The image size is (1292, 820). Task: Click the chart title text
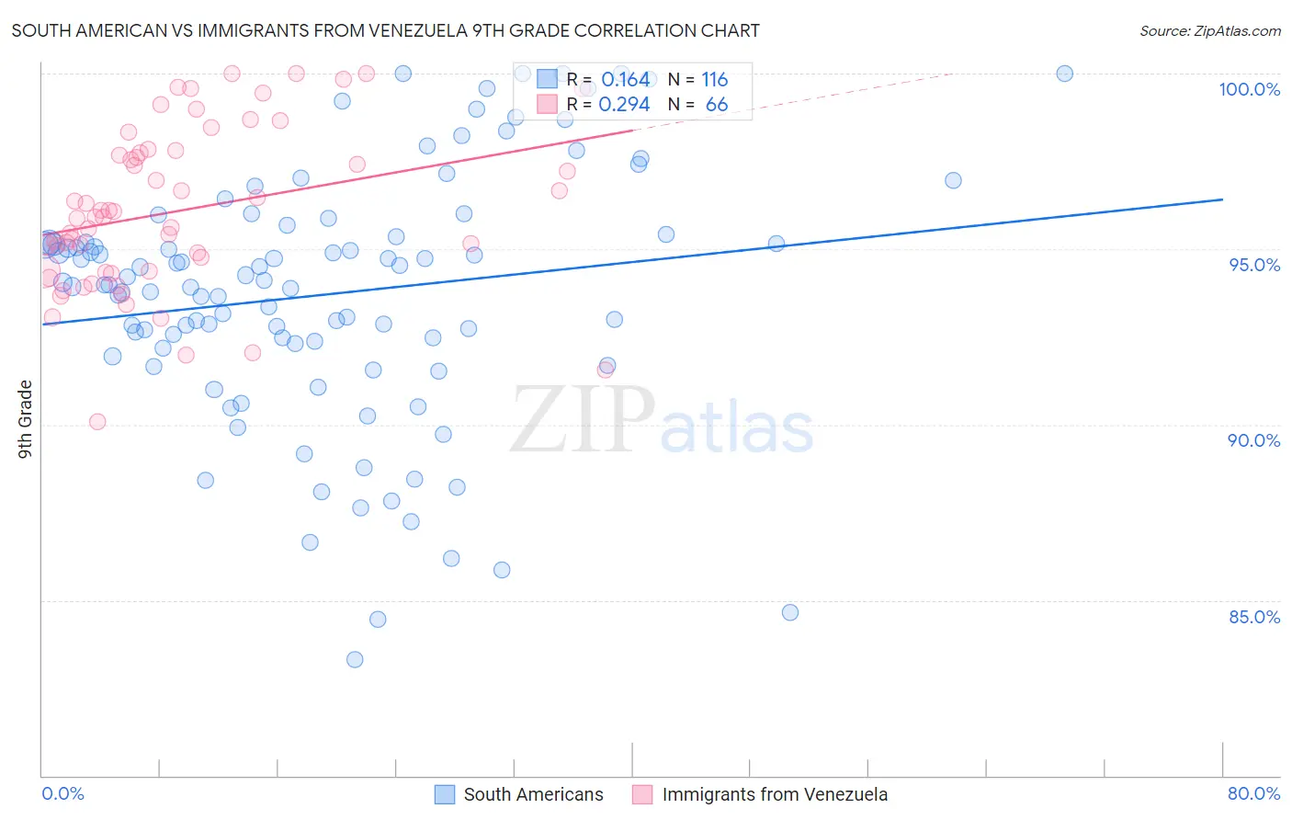tap(385, 30)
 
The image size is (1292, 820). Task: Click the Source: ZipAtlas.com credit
tap(1209, 30)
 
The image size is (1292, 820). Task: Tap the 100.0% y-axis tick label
tap(1249, 89)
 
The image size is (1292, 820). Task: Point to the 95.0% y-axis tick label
tap(1254, 265)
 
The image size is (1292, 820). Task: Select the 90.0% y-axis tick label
tap(1253, 440)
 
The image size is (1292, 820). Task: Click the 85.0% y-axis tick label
tap(1254, 617)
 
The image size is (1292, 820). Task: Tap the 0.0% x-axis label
tap(62, 793)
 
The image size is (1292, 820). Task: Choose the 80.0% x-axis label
tap(1253, 793)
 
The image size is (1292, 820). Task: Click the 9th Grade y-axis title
tap(26, 418)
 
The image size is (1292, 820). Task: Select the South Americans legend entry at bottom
tap(520, 794)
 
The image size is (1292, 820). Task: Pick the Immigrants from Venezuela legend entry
tap(761, 794)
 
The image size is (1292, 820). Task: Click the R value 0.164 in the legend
tap(626, 79)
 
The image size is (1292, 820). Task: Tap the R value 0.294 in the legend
tap(624, 104)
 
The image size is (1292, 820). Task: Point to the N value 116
tap(714, 79)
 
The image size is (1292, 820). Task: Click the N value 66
tap(716, 104)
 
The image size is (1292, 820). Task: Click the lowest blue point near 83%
tap(355, 659)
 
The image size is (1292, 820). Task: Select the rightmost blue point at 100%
tap(1064, 74)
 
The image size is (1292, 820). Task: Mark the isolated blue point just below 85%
tap(790, 612)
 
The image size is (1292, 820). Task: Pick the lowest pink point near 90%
tap(97, 422)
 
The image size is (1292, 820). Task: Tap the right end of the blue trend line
tap(1222, 199)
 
